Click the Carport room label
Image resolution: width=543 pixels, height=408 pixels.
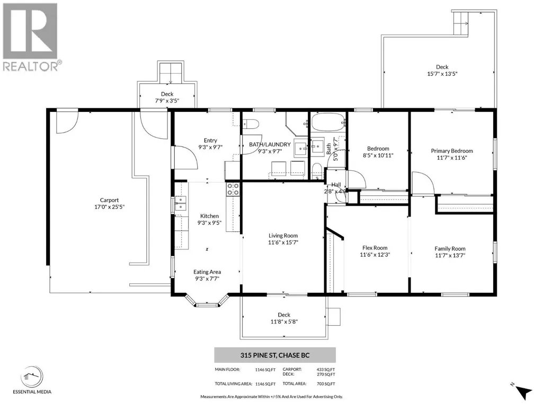pos(109,200)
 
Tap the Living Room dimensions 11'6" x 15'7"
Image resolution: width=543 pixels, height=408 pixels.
pos(283,242)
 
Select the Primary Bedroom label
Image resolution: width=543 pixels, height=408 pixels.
pos(451,151)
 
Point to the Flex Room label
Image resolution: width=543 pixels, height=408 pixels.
pos(375,248)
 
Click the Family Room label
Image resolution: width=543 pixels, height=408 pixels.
pos(450,249)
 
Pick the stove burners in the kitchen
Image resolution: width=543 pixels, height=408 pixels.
pos(233,189)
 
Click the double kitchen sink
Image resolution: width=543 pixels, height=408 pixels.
pos(180,204)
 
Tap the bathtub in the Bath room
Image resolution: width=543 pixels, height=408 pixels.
pos(328,122)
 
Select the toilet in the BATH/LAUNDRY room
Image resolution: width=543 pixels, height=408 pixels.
pos(251,124)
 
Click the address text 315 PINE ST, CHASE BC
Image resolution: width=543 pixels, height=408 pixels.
pos(275,355)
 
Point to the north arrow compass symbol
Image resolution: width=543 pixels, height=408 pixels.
pos(523,392)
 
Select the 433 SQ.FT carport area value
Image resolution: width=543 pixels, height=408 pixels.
pos(325,370)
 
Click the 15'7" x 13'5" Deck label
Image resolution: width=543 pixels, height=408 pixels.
pos(442,74)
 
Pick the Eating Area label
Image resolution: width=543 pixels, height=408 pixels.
pos(207,272)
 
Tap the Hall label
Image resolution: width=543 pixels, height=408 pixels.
pos(336,185)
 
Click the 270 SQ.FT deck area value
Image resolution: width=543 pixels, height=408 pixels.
pos(325,375)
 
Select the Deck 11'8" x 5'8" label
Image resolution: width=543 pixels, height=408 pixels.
pos(284,318)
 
